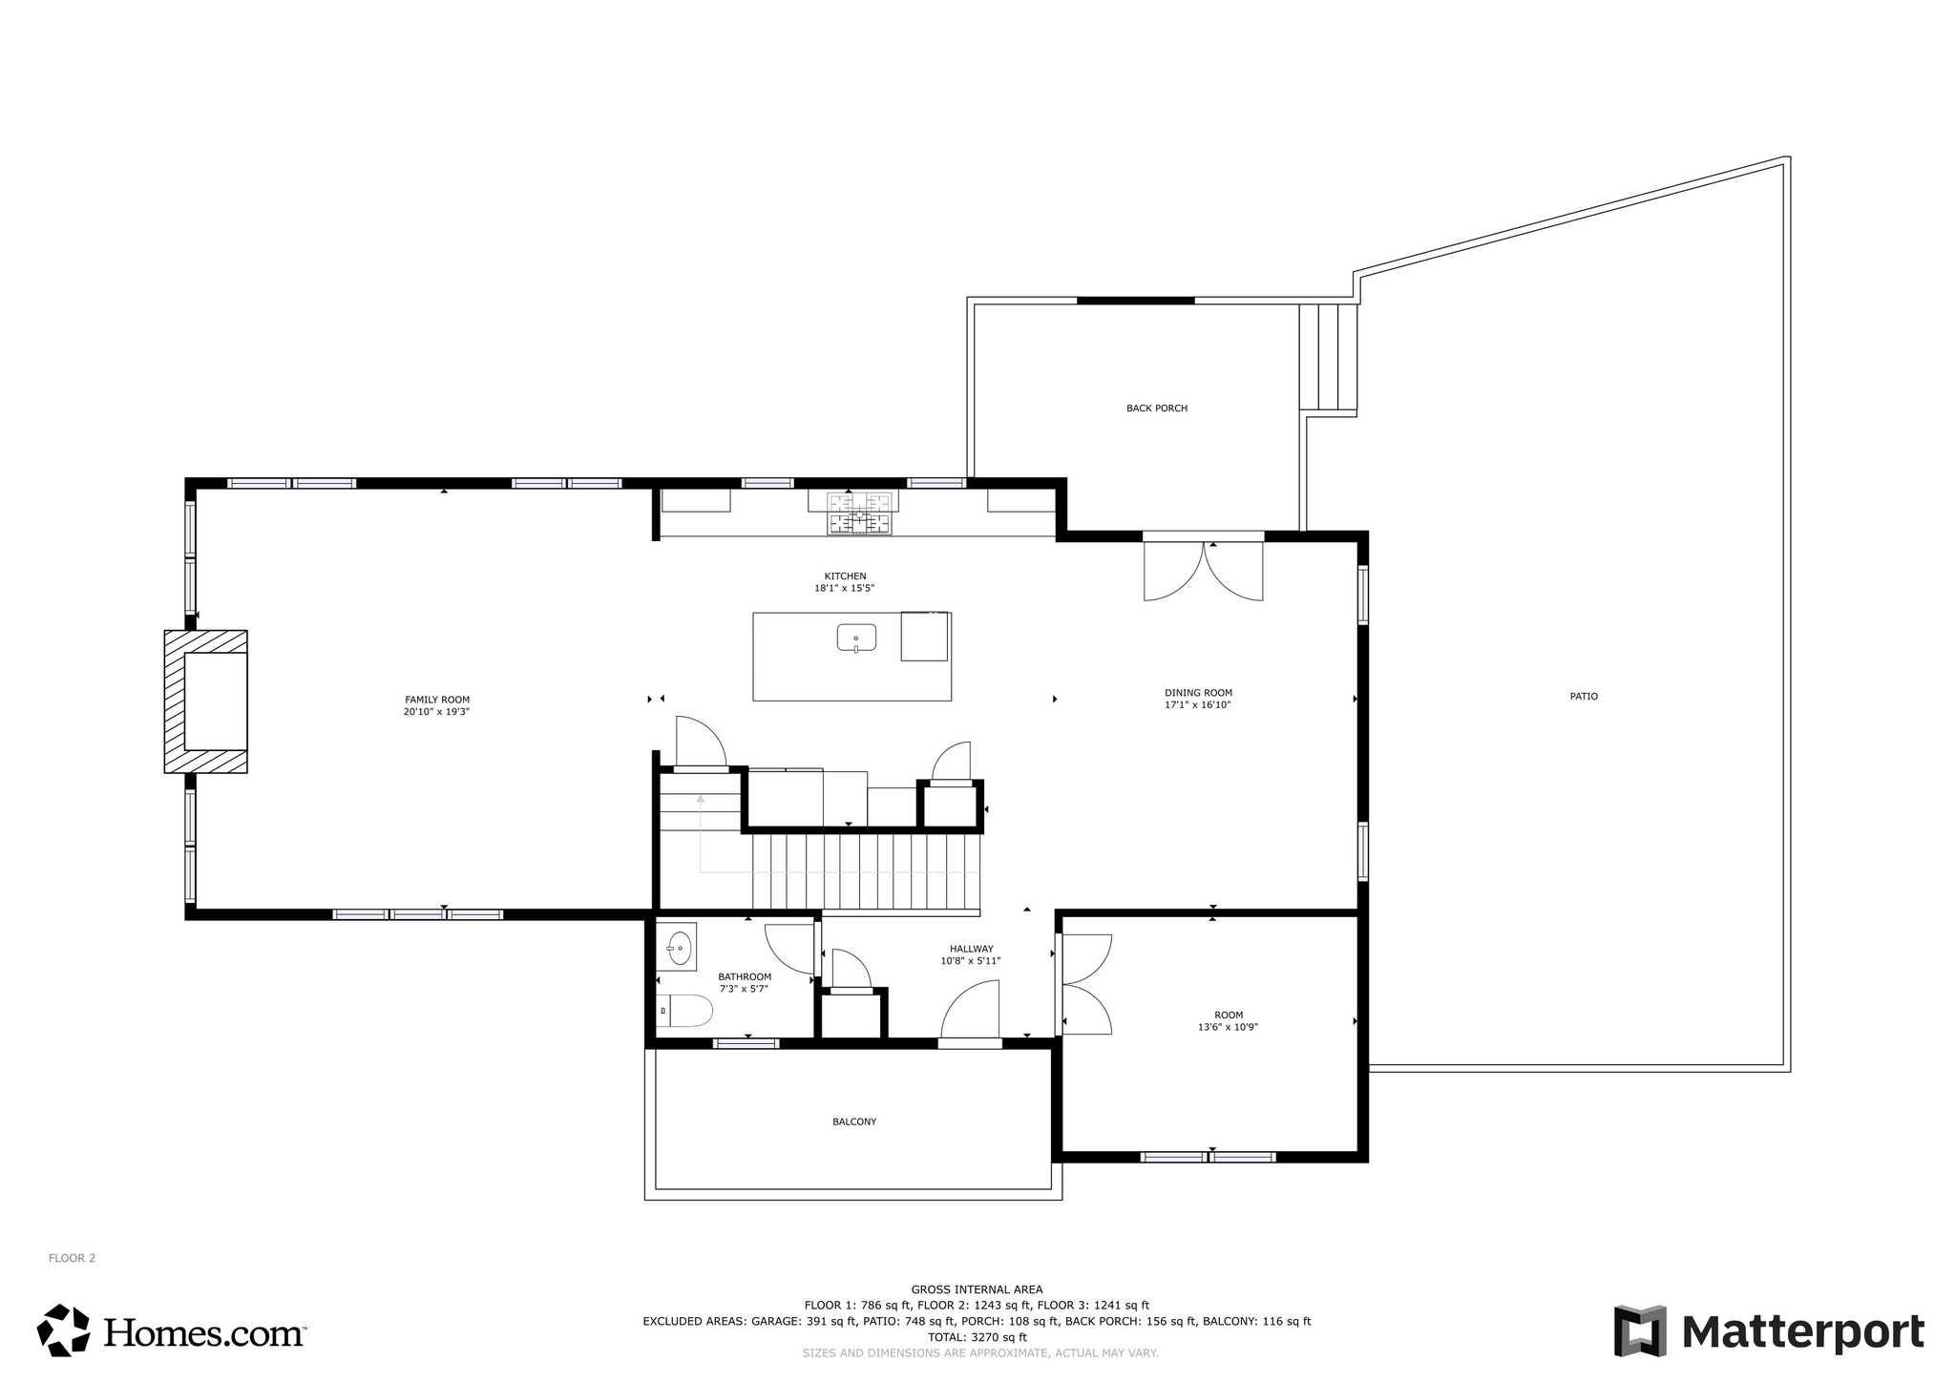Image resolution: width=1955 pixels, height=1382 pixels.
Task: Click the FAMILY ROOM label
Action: click(437, 700)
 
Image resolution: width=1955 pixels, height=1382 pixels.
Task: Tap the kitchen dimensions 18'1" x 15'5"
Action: click(845, 589)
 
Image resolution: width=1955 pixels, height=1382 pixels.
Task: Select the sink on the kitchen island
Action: click(856, 637)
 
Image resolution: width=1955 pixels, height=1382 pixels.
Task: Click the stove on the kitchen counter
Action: click(859, 513)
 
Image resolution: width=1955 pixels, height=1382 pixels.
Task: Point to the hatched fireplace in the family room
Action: click(206, 701)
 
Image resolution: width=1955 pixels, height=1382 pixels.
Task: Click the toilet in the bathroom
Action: click(685, 1011)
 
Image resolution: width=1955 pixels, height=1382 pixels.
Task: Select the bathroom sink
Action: click(678, 947)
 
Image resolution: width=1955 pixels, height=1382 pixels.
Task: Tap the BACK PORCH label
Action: click(1157, 408)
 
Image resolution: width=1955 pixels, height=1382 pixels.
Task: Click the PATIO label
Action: click(1584, 697)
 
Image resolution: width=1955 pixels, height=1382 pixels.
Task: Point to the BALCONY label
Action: click(854, 1121)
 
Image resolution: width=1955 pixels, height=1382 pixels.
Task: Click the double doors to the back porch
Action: click(1204, 570)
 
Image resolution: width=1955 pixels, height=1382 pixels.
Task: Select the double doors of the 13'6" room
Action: click(1086, 984)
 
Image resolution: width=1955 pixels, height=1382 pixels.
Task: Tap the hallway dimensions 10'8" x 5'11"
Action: click(971, 961)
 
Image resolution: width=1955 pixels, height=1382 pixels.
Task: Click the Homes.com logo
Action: click(172, 1330)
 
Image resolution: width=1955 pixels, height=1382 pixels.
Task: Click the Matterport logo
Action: click(1769, 1330)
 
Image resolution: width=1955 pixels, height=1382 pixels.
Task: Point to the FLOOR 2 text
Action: click(73, 1258)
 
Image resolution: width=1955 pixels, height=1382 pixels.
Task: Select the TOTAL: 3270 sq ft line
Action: click(977, 1337)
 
